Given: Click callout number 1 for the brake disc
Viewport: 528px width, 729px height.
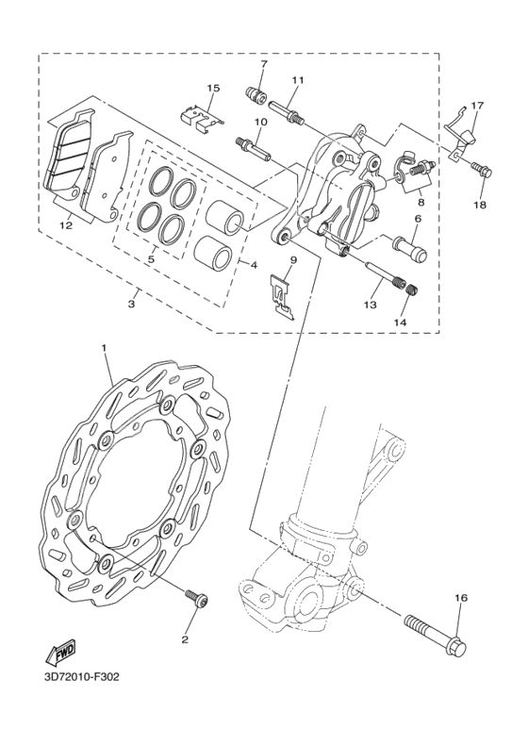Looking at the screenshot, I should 104,348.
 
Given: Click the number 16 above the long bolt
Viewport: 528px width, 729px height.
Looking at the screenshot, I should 461,598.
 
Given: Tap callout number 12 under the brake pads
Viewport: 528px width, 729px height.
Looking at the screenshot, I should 66,226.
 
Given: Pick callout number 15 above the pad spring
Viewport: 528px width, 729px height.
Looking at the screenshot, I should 212,89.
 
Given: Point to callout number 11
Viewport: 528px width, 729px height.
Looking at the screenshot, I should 297,80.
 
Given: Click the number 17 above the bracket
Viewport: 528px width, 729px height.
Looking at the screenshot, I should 477,107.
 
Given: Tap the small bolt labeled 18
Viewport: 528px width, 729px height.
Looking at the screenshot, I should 483,171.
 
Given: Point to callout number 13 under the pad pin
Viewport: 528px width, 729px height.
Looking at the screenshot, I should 369,304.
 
